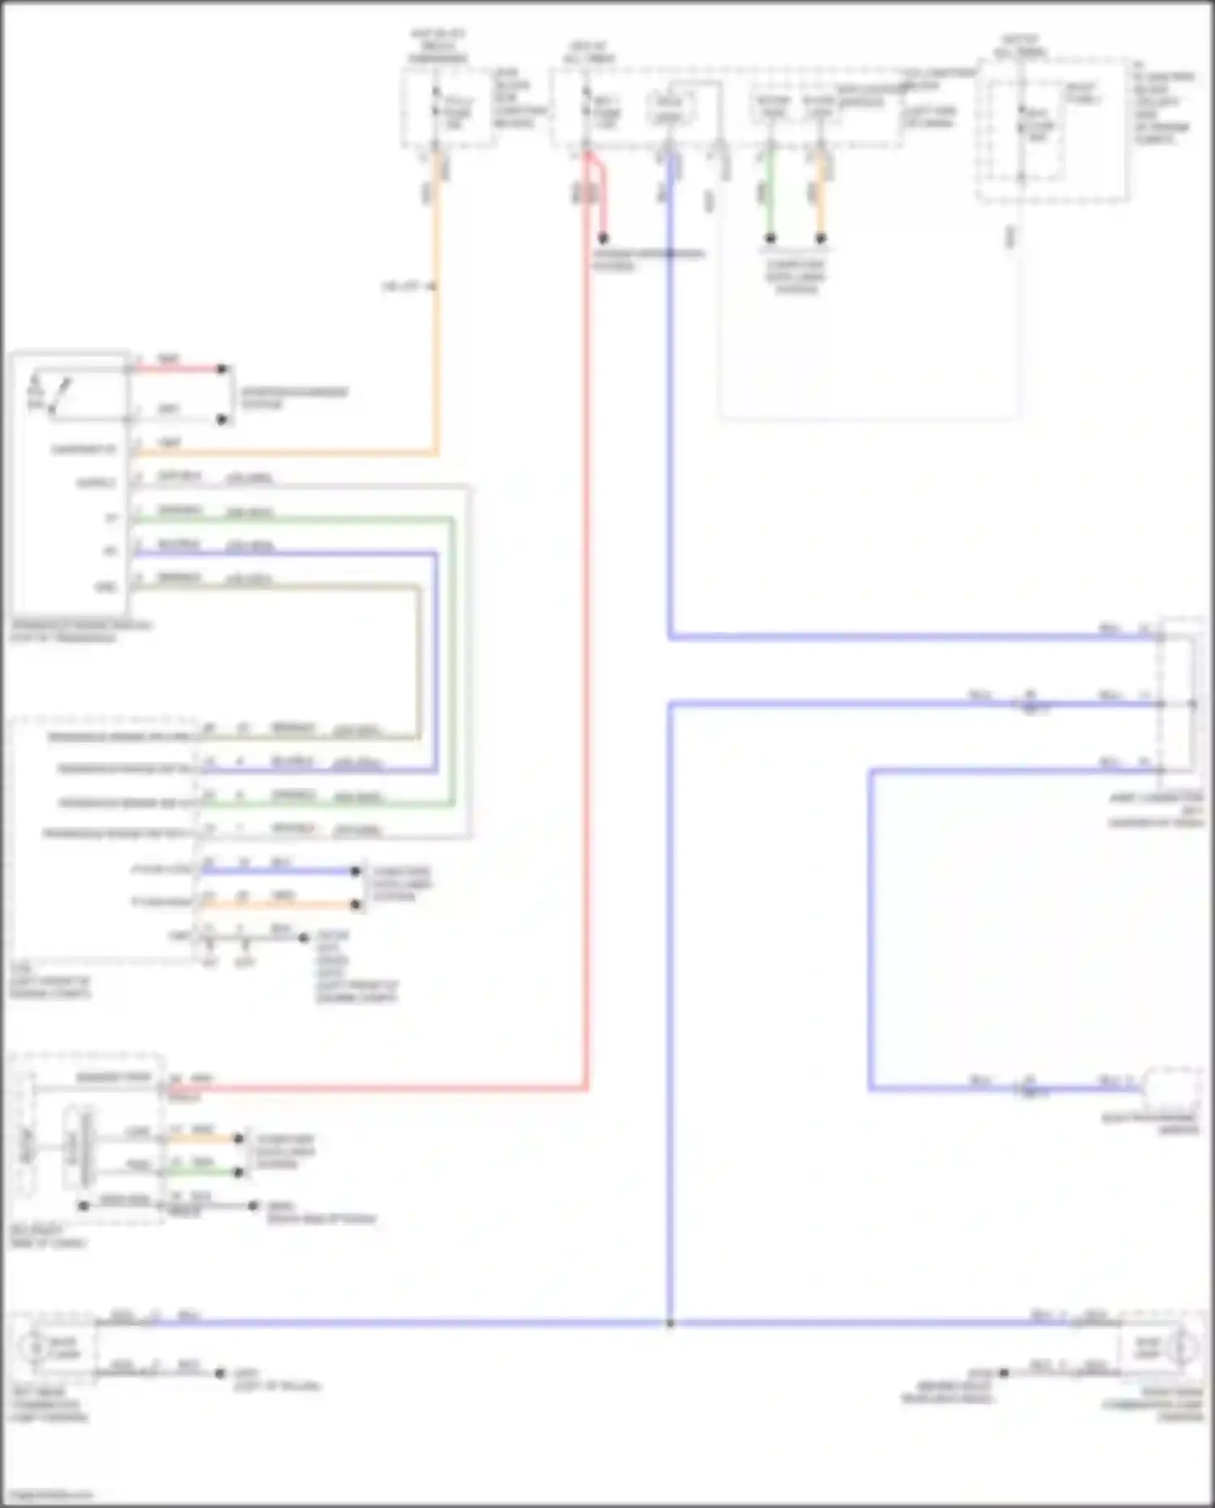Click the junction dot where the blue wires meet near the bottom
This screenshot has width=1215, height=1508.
[x=670, y=1323]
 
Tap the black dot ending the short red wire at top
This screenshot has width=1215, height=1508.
[x=603, y=239]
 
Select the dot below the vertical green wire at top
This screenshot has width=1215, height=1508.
[x=770, y=239]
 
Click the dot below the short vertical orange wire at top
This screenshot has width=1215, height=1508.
[x=821, y=239]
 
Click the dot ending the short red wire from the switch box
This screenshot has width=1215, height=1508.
[x=222, y=370]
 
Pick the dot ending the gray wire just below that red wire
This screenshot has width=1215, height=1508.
[x=222, y=420]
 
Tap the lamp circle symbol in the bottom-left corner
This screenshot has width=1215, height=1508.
[x=33, y=1348]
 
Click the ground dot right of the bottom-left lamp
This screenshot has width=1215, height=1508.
[x=220, y=1373]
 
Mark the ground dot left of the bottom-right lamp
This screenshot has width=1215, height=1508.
[x=1004, y=1373]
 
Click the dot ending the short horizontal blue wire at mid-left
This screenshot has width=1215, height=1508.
[x=355, y=871]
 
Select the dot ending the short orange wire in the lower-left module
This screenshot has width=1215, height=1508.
[x=239, y=1138]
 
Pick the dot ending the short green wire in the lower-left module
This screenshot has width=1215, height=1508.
[x=239, y=1172]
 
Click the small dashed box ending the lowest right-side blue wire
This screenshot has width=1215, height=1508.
[x=1171, y=1088]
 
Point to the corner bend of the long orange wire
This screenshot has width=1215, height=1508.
[x=437, y=452]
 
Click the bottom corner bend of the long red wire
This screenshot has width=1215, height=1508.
[x=586, y=1088]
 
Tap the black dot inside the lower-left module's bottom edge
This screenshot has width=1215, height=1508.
[x=83, y=1206]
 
